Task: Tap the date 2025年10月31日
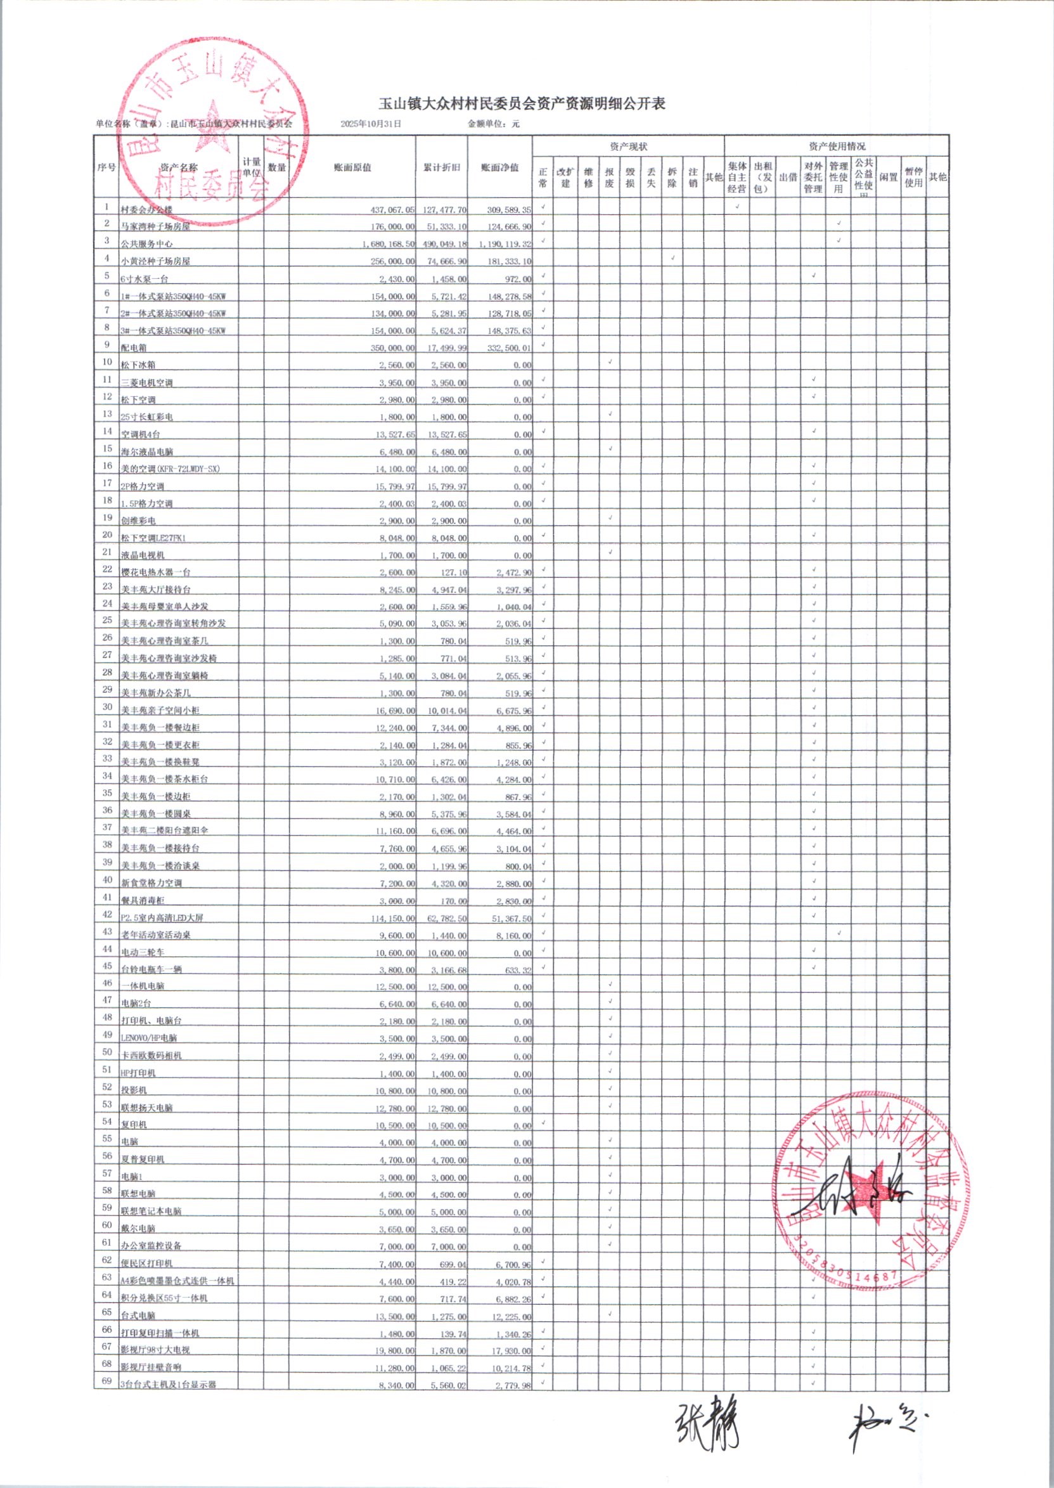point(371,124)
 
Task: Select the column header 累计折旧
point(441,167)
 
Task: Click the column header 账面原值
point(352,167)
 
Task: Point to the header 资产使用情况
point(837,146)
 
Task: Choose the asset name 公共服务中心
point(146,244)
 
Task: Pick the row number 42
point(106,914)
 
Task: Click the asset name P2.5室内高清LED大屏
point(162,918)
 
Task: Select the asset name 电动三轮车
point(143,952)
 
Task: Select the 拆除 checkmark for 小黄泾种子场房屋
point(672,258)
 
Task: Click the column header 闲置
point(889,177)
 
